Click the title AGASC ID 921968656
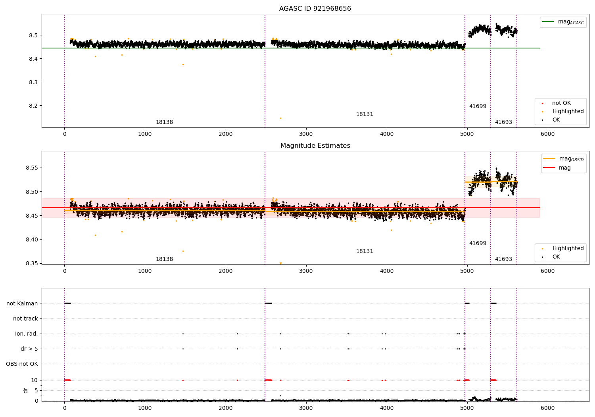tap(315, 8)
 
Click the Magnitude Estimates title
tap(315, 145)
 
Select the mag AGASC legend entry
tap(563, 22)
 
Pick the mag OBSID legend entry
tap(563, 159)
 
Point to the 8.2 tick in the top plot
tap(34, 106)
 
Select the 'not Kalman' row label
tap(22, 303)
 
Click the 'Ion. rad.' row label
tap(26, 334)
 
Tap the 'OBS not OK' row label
tap(22, 364)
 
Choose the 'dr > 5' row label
tap(29, 349)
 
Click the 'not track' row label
tap(25, 319)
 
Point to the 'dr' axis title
tap(25, 390)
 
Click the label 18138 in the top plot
tap(164, 122)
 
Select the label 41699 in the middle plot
tap(478, 243)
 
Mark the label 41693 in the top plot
tap(503, 122)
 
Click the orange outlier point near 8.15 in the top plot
tap(280, 118)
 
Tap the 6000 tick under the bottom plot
tap(547, 408)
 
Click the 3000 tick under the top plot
tap(306, 134)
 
